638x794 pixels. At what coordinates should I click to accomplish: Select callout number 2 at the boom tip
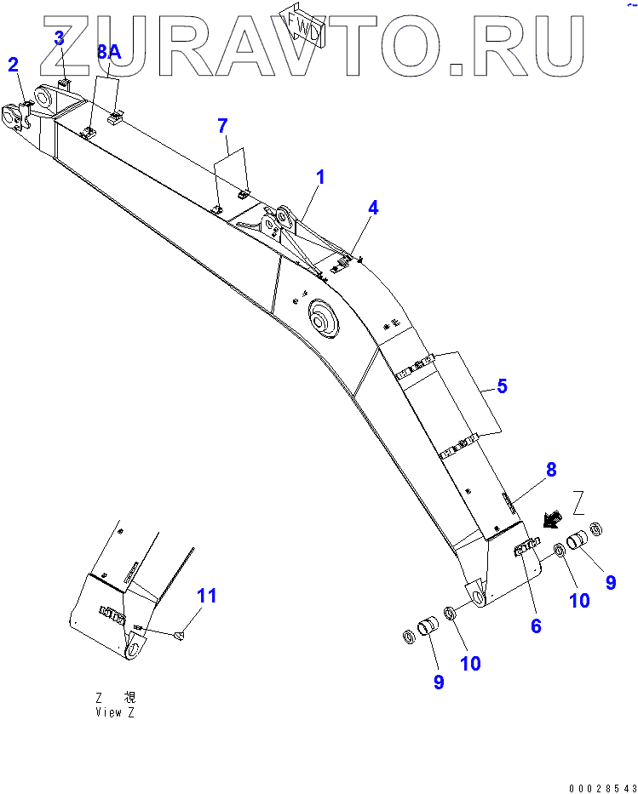pyautogui.click(x=13, y=64)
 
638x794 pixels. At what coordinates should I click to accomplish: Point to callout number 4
pyautogui.click(x=373, y=207)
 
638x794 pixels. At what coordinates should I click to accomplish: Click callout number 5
pyautogui.click(x=502, y=386)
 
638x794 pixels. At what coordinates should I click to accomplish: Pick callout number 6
pyautogui.click(x=536, y=625)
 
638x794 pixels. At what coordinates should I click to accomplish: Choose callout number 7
pyautogui.click(x=222, y=126)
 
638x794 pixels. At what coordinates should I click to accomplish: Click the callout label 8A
pyautogui.click(x=109, y=52)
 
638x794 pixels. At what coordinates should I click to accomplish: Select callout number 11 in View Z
pyautogui.click(x=207, y=596)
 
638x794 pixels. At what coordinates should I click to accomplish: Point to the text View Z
pyautogui.click(x=115, y=712)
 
